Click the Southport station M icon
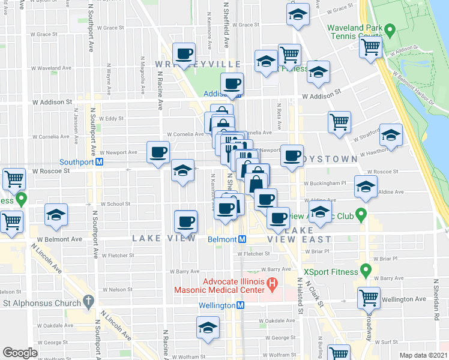(100, 161)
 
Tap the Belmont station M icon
(241, 239)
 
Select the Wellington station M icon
(240, 305)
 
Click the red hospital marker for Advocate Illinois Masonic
(271, 282)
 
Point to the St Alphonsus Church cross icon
(89, 300)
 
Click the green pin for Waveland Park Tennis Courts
(390, 28)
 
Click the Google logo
(20, 352)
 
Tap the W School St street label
(113, 204)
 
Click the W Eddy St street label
(110, 119)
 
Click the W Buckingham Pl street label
(325, 184)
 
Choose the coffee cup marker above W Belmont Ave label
(185, 221)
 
